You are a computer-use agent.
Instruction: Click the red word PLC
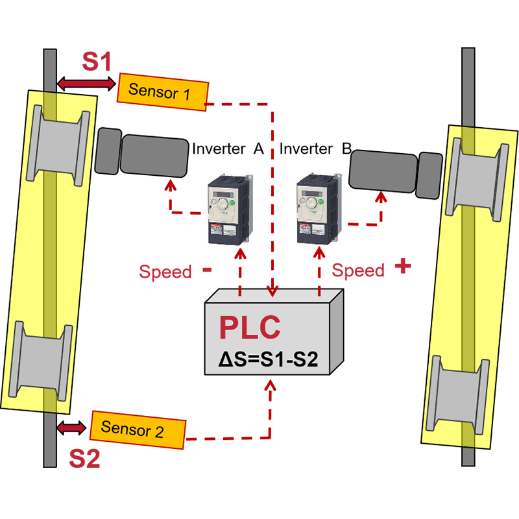click(250, 327)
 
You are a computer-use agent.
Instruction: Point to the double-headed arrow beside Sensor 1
click(86, 83)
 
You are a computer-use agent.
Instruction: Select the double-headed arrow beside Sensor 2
click(71, 427)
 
